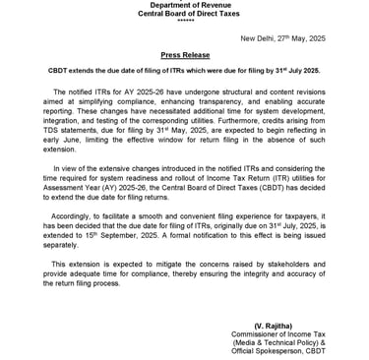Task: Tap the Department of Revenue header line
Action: tap(184, 4)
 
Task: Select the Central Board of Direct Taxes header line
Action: tap(184, 13)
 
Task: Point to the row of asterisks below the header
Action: tap(184, 21)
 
